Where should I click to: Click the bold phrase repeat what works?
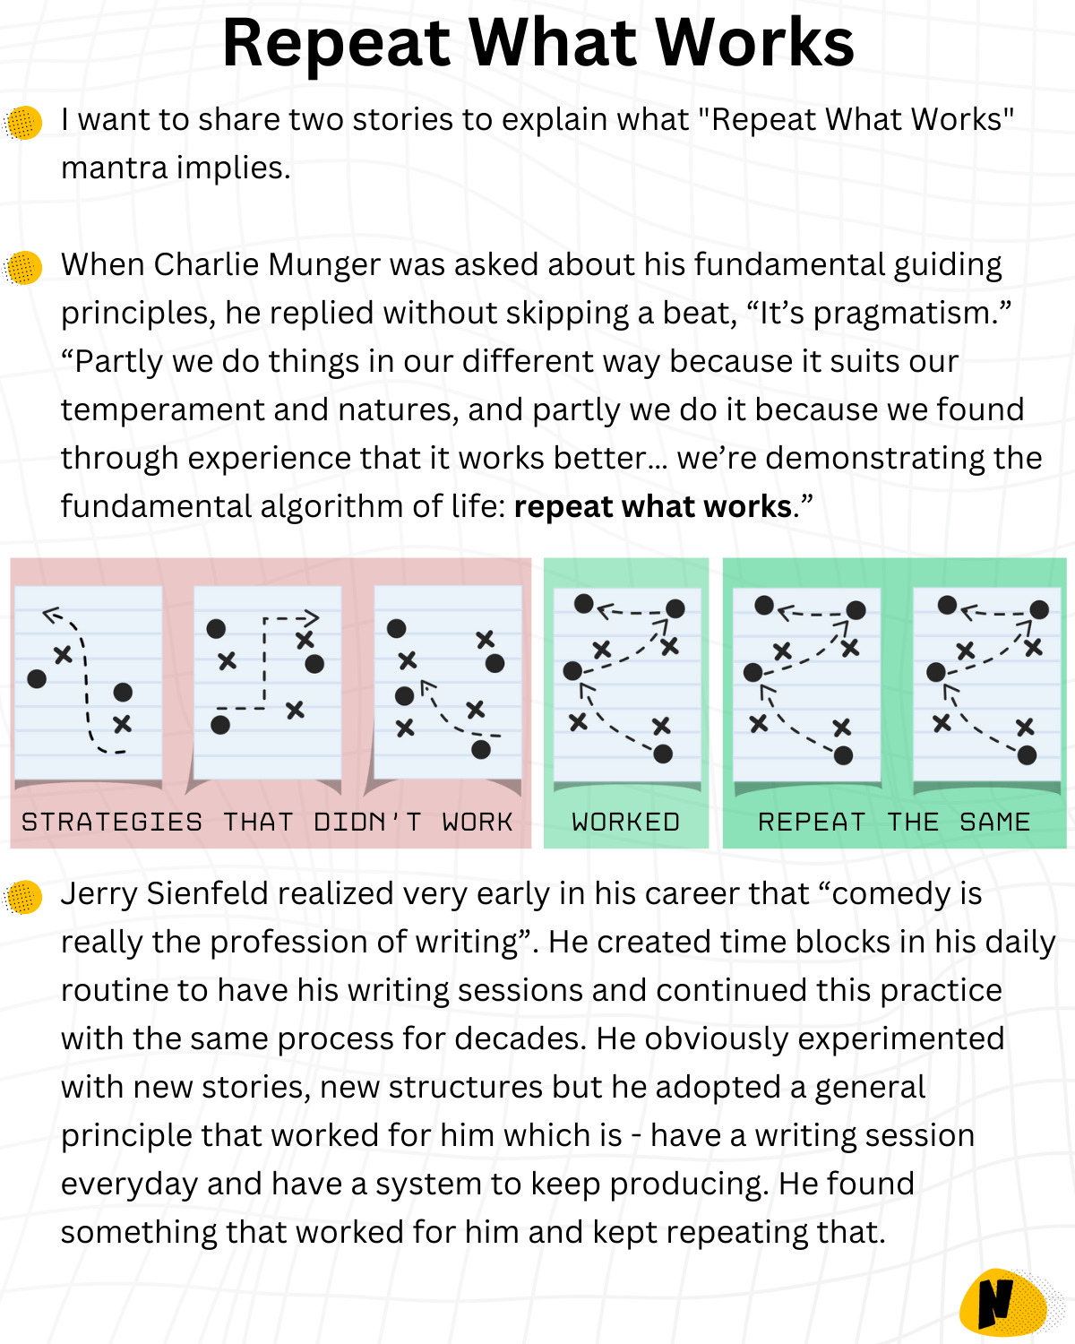(653, 507)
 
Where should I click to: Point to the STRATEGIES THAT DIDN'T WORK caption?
(267, 822)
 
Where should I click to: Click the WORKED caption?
(625, 822)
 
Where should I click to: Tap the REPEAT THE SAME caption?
(894, 822)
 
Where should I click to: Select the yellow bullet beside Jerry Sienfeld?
(24, 896)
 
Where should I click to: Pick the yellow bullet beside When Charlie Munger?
(24, 267)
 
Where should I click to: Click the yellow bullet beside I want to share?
(24, 122)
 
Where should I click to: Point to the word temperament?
(163, 410)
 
